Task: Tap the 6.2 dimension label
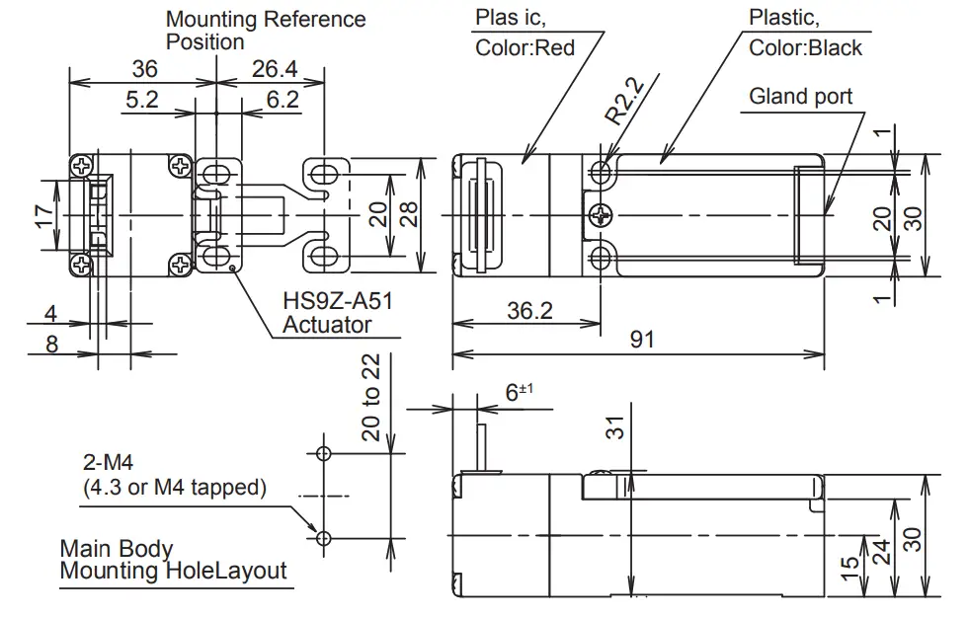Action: (x=282, y=99)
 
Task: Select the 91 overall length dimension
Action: (x=642, y=340)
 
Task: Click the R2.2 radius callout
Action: (x=624, y=103)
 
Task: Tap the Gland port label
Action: (x=800, y=96)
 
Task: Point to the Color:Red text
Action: (x=525, y=47)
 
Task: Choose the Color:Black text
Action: (x=805, y=47)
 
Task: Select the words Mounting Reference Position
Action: (x=265, y=30)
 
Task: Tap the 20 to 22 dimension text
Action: (x=370, y=397)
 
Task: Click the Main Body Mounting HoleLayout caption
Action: (x=173, y=560)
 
